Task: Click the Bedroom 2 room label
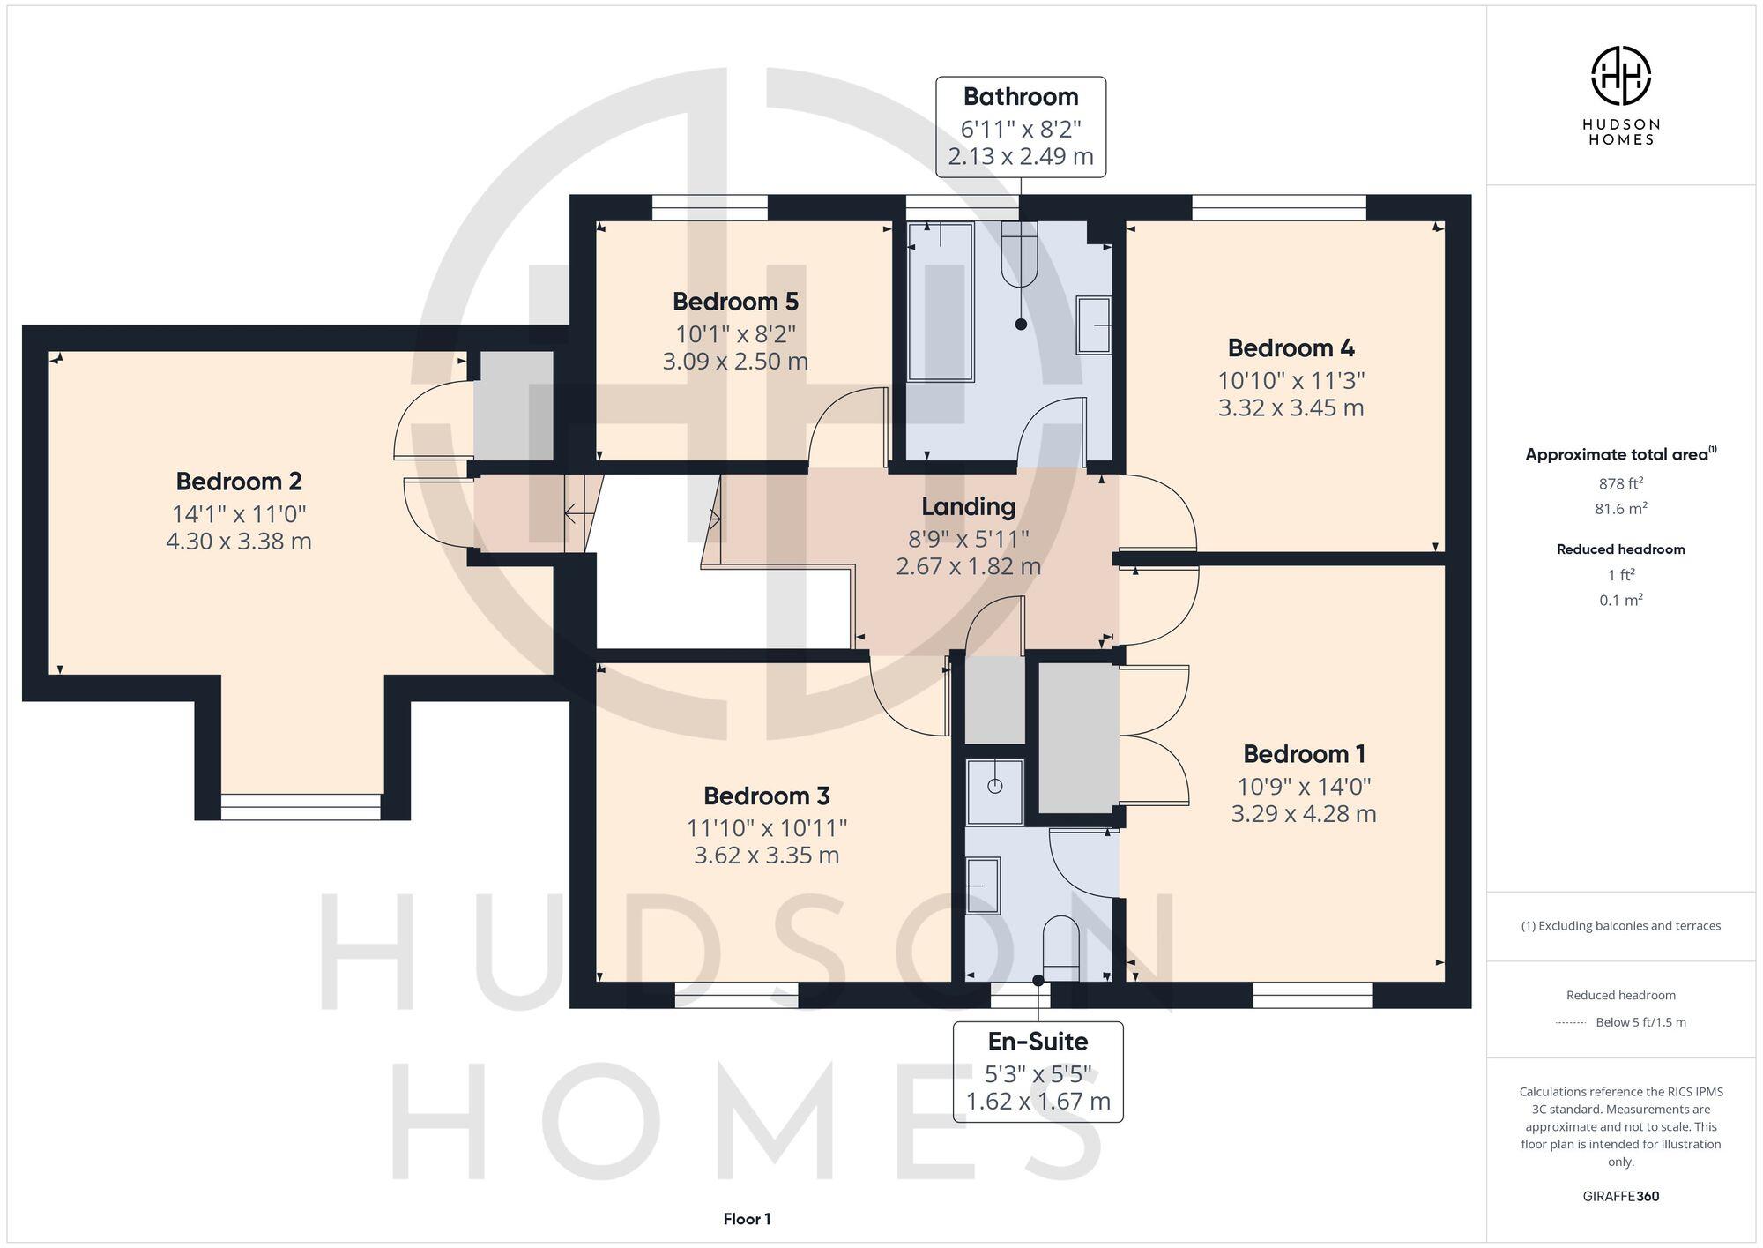click(x=239, y=482)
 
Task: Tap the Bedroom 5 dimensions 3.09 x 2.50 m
click(x=735, y=362)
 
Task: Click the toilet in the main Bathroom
click(x=1020, y=256)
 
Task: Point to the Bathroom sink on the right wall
click(x=1093, y=325)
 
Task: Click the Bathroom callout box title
click(x=1020, y=97)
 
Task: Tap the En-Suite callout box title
click(x=1038, y=1042)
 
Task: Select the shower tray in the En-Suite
click(x=995, y=790)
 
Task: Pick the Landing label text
click(x=968, y=507)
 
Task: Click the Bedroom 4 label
click(x=1291, y=348)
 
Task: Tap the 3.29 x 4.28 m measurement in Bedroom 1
click(x=1303, y=814)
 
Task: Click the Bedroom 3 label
click(x=766, y=796)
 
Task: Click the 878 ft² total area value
click(x=1620, y=483)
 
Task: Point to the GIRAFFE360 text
click(x=1620, y=1197)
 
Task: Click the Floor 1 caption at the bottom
click(x=747, y=1220)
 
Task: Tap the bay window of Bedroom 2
click(x=301, y=806)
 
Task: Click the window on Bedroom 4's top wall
click(x=1278, y=208)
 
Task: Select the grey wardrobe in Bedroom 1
click(x=1077, y=737)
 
